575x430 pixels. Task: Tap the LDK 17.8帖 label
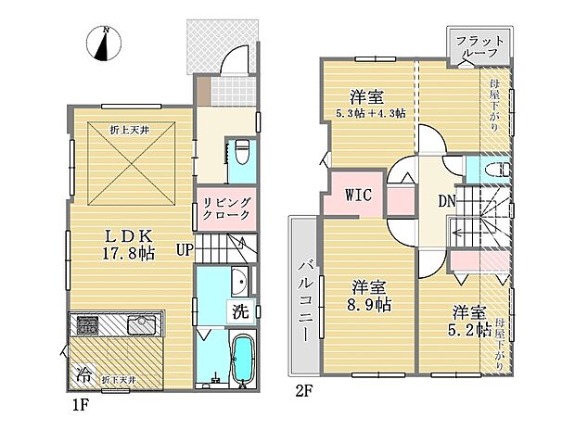click(x=127, y=242)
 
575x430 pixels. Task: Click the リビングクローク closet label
click(x=226, y=209)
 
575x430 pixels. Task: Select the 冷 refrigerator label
click(x=84, y=377)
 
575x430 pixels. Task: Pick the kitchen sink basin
click(x=144, y=325)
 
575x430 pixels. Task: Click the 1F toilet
click(x=241, y=149)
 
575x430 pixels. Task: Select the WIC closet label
click(x=359, y=196)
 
